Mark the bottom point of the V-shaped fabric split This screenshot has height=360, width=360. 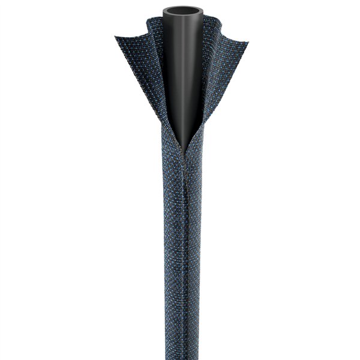tap(181, 150)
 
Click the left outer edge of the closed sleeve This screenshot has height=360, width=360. tap(160, 252)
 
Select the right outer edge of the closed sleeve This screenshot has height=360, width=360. tap(202, 252)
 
